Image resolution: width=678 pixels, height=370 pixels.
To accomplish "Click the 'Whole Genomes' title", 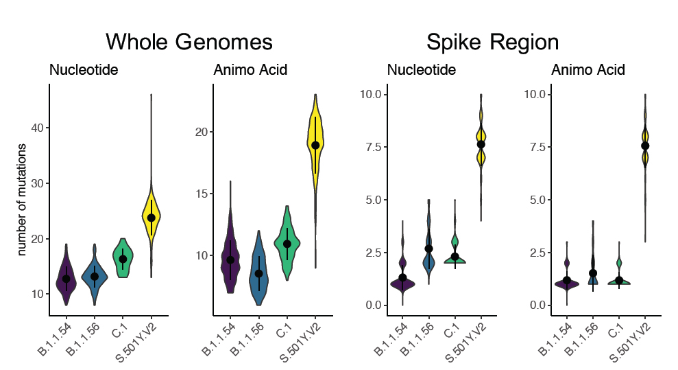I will pos(189,42).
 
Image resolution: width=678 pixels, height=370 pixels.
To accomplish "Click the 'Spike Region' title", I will pos(492,42).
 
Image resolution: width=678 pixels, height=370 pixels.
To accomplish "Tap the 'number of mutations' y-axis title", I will pos(22,200).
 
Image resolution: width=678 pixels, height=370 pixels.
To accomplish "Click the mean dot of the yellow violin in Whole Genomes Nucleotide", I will pos(152,218).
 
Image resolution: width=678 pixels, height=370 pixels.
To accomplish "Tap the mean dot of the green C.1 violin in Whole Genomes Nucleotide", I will pos(123,259).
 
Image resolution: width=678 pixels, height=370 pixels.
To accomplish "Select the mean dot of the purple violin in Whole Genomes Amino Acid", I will pos(230,259).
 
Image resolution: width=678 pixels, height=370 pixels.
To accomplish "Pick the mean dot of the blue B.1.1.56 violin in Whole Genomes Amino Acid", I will pos(258,273).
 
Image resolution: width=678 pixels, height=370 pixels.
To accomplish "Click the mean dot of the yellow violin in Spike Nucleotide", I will pos(481,144).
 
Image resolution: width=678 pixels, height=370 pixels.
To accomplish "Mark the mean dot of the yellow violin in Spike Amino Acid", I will pos(645,146).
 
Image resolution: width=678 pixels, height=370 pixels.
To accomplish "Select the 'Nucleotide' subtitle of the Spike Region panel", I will pos(421,70).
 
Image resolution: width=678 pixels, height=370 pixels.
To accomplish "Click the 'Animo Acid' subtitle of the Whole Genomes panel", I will pos(250,70).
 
